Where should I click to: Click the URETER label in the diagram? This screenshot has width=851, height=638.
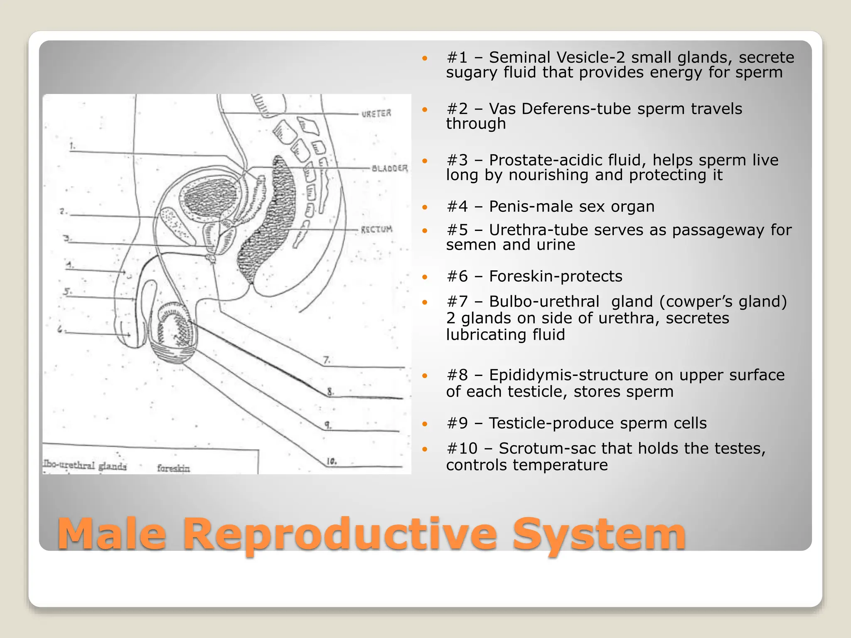tap(376, 113)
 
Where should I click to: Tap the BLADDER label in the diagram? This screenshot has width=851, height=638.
tap(389, 168)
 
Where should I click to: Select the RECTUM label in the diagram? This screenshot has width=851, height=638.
tap(376, 229)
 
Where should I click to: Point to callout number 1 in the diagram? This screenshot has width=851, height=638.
tap(73, 146)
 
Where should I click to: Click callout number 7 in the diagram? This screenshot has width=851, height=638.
tap(327, 360)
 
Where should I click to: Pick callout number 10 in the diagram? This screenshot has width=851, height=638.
tap(332, 461)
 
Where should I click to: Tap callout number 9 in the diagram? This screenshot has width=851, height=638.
tap(328, 425)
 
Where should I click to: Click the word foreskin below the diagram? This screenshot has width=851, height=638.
tap(173, 469)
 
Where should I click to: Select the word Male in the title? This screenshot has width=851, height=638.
tap(111, 534)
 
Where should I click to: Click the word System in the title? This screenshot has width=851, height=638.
tap(598, 534)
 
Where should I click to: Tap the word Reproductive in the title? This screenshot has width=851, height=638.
tap(339, 534)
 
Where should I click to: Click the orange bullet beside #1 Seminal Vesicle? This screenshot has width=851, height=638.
tap(425, 58)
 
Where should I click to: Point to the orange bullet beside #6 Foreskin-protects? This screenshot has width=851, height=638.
tap(425, 277)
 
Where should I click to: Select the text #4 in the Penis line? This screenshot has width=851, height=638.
tap(457, 206)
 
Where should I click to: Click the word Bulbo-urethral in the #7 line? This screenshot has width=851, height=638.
tap(544, 302)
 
